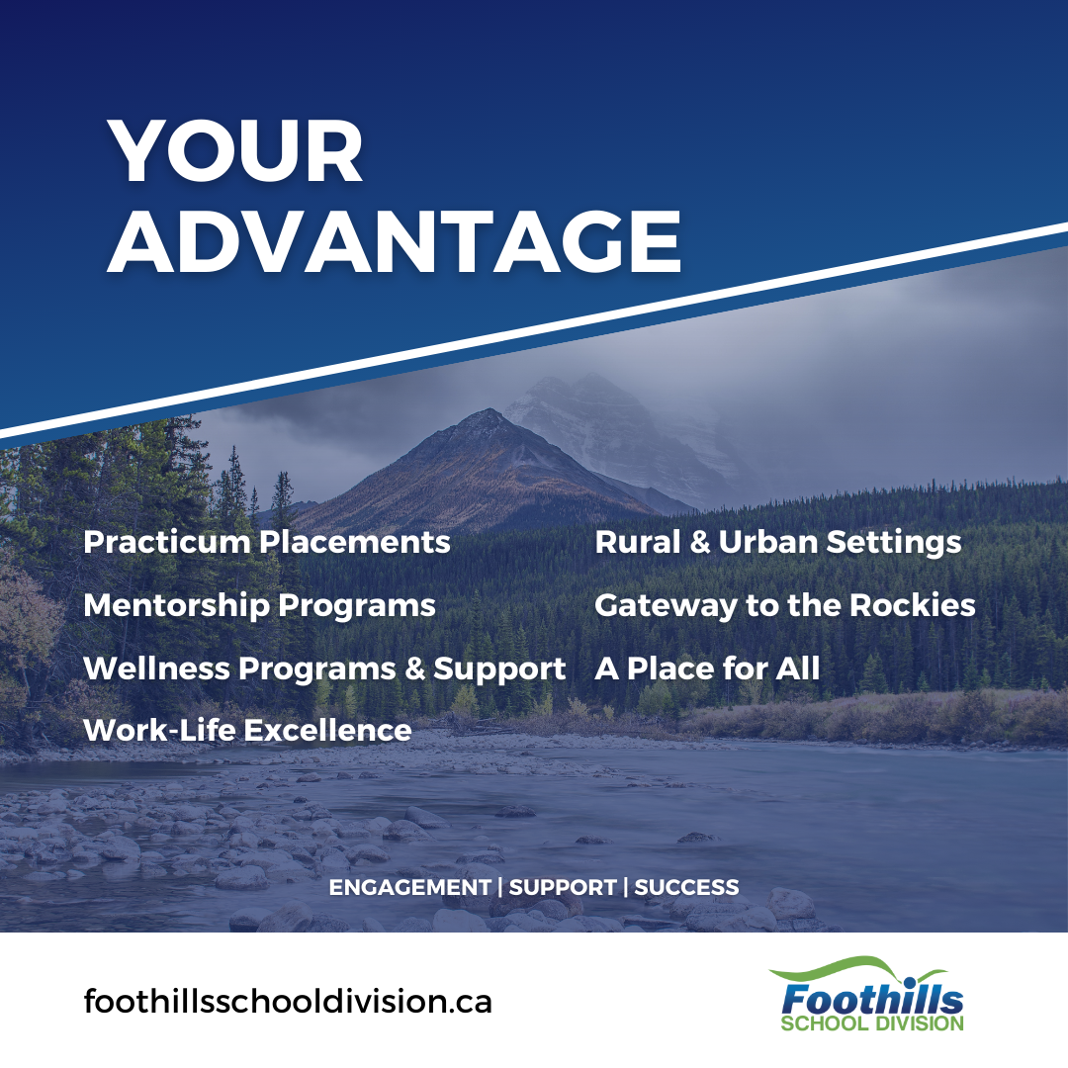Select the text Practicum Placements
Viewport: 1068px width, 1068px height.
pyautogui.click(x=267, y=542)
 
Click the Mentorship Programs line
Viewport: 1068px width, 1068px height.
pyautogui.click(x=259, y=605)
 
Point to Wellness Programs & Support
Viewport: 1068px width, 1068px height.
pyautogui.click(x=324, y=668)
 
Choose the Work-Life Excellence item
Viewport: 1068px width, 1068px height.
pyautogui.click(x=247, y=730)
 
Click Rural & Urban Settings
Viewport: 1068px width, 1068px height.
pyautogui.click(x=778, y=543)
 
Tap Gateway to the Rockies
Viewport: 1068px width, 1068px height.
pyautogui.click(x=784, y=605)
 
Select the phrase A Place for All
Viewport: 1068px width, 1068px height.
pyautogui.click(x=707, y=668)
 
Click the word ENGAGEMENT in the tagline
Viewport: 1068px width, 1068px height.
pyautogui.click(x=410, y=887)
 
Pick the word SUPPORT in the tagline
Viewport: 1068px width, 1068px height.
pyautogui.click(x=563, y=887)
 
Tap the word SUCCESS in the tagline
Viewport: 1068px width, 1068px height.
pyautogui.click(x=686, y=887)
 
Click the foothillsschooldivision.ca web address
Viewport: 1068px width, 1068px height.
pyautogui.click(x=288, y=1001)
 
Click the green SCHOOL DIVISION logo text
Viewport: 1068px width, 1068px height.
pyautogui.click(x=872, y=1023)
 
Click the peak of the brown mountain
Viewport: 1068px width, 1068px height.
pyautogui.click(x=488, y=409)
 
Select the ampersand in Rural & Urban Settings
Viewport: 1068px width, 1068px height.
pyautogui.click(x=699, y=543)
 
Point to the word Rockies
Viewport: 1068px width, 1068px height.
pyautogui.click(x=913, y=605)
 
